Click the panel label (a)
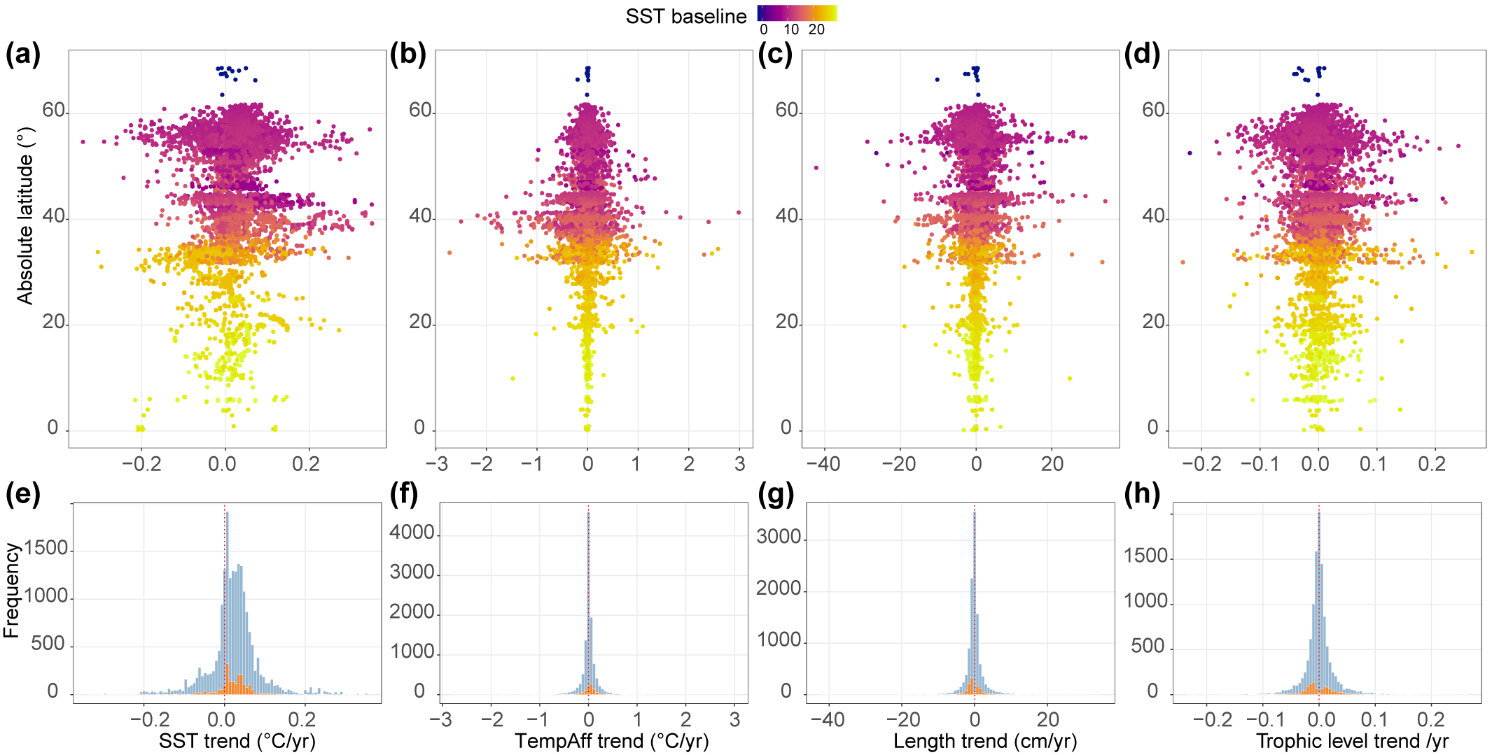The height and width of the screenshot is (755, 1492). (x=23, y=55)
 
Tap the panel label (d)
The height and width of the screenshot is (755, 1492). (x=1142, y=55)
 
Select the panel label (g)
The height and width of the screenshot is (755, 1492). (x=776, y=495)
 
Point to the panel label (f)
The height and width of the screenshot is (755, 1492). (x=404, y=495)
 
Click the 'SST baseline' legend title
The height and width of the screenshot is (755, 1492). (x=686, y=17)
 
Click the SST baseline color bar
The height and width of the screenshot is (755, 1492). (x=797, y=13)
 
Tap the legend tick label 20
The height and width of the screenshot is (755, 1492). (x=816, y=30)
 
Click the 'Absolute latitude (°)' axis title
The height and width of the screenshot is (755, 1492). (x=25, y=216)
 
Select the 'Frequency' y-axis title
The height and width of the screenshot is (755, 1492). (x=11, y=591)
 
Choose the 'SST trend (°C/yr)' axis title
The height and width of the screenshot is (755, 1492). (x=237, y=741)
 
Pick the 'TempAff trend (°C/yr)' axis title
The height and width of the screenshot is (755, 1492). (x=612, y=741)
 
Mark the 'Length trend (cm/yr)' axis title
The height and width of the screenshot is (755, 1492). (x=985, y=741)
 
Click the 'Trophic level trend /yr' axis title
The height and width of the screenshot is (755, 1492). (x=1352, y=741)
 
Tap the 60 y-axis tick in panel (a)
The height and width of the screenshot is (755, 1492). (x=54, y=111)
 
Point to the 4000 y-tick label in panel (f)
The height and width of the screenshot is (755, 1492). (x=412, y=533)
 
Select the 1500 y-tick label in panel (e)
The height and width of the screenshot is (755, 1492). (x=46, y=549)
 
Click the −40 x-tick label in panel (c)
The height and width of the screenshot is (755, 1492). (x=823, y=464)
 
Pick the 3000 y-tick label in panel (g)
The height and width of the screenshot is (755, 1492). (x=779, y=537)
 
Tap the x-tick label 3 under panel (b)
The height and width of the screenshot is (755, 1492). (x=740, y=464)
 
